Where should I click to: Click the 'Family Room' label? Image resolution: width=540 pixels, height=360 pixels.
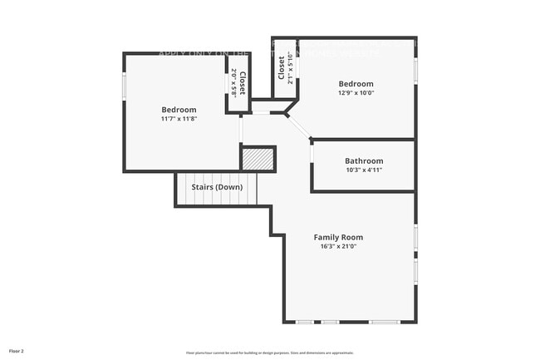click(x=338, y=237)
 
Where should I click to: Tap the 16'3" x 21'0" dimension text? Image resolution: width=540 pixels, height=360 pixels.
click(x=338, y=246)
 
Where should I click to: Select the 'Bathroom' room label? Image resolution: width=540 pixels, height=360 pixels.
click(x=364, y=160)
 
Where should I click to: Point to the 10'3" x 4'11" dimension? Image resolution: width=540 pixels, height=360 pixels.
click(x=364, y=170)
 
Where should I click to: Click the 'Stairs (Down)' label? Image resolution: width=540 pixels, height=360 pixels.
click(x=217, y=187)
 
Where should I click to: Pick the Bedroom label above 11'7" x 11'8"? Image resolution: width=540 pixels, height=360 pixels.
click(x=179, y=110)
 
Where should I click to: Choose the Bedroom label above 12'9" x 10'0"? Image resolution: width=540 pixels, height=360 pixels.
click(x=356, y=84)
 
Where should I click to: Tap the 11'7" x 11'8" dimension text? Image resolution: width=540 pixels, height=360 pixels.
click(x=179, y=119)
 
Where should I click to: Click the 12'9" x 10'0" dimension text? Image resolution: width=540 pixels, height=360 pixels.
click(x=356, y=93)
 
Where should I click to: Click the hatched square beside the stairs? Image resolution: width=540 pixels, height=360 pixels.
click(x=258, y=158)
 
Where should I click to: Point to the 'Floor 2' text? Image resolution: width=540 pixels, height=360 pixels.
click(x=17, y=350)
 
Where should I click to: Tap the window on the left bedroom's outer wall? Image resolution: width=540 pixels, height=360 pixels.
click(x=125, y=86)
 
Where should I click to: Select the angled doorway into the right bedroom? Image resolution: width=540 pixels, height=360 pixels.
click(x=299, y=126)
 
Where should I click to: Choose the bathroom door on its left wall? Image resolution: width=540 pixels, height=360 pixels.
click(x=312, y=154)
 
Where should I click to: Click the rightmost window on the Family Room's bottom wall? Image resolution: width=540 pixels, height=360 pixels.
click(x=385, y=322)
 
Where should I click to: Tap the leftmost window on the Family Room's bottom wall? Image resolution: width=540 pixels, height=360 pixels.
click(x=306, y=322)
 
